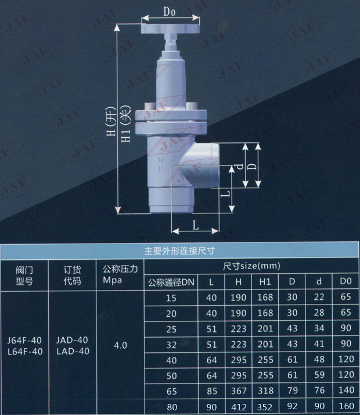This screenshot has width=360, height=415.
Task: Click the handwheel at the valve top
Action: coord(170,28)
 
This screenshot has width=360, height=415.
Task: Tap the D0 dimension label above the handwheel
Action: coord(169,12)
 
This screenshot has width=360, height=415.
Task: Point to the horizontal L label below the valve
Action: coord(195,226)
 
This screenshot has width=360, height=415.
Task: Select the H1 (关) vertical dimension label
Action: coord(126,124)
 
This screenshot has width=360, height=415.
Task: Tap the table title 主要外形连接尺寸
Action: coord(179,251)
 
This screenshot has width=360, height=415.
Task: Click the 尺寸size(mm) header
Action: coord(251,266)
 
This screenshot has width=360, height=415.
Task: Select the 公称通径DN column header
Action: coord(171,282)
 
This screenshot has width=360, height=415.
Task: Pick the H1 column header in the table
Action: coord(265,281)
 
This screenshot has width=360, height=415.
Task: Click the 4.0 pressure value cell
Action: coord(121,345)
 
